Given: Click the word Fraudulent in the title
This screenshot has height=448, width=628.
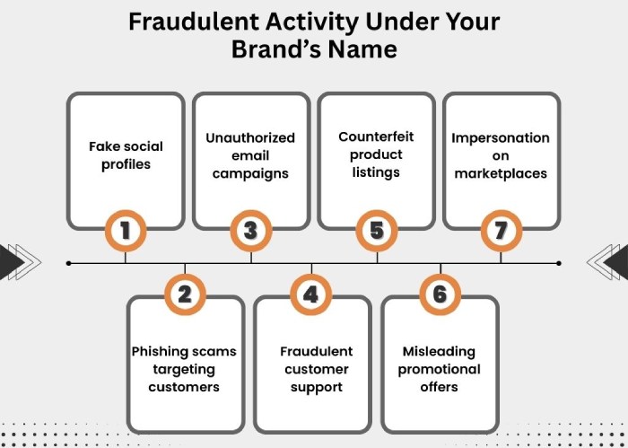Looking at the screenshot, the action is (194, 22).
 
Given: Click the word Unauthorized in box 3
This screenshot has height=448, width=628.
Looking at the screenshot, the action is (250, 137).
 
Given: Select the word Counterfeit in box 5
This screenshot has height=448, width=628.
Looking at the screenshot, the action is (376, 136).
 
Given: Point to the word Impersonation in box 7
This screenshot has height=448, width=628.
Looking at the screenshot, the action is (501, 137).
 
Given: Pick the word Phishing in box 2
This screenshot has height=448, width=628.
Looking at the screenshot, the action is (157, 351).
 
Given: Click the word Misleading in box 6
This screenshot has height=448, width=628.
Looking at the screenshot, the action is (439, 351).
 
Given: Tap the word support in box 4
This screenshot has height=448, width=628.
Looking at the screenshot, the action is (317, 387).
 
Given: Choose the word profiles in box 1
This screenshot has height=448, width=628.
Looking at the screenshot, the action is (126, 164).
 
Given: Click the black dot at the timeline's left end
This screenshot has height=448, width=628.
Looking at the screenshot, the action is (69, 263).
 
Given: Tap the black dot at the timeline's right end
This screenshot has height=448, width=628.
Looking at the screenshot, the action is (559, 263).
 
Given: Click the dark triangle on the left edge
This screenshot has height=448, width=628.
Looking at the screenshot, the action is (11, 262).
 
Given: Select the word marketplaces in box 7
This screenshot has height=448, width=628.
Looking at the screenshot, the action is (501, 173).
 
